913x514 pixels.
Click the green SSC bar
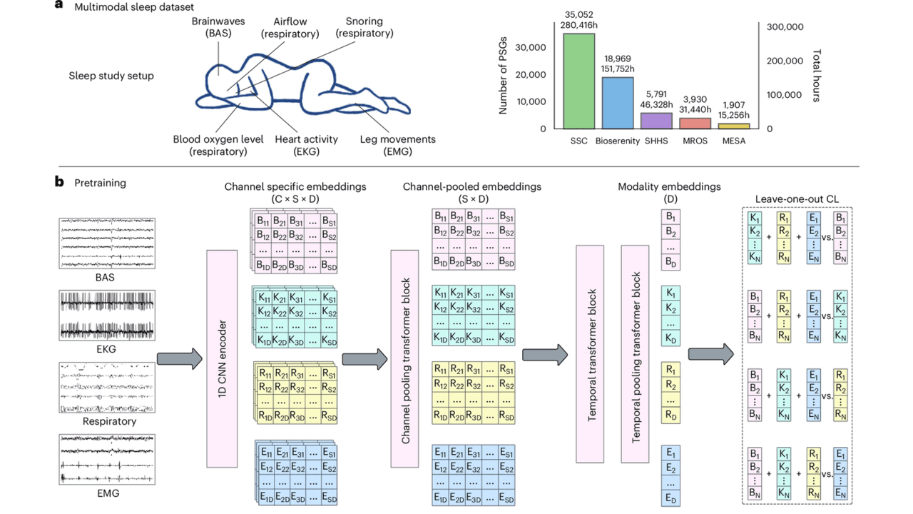coord(578,81)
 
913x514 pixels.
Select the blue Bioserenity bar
coord(617,103)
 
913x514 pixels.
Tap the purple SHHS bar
coord(656,121)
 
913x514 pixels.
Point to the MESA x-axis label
coord(733,141)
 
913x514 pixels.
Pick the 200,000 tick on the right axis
coord(785,61)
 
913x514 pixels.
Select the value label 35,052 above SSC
coord(578,14)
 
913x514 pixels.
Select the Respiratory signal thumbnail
coord(107,388)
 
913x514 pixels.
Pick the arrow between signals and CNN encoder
coord(180,358)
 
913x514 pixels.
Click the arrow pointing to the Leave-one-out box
coord(710,354)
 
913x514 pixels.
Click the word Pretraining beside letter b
coord(100,183)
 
